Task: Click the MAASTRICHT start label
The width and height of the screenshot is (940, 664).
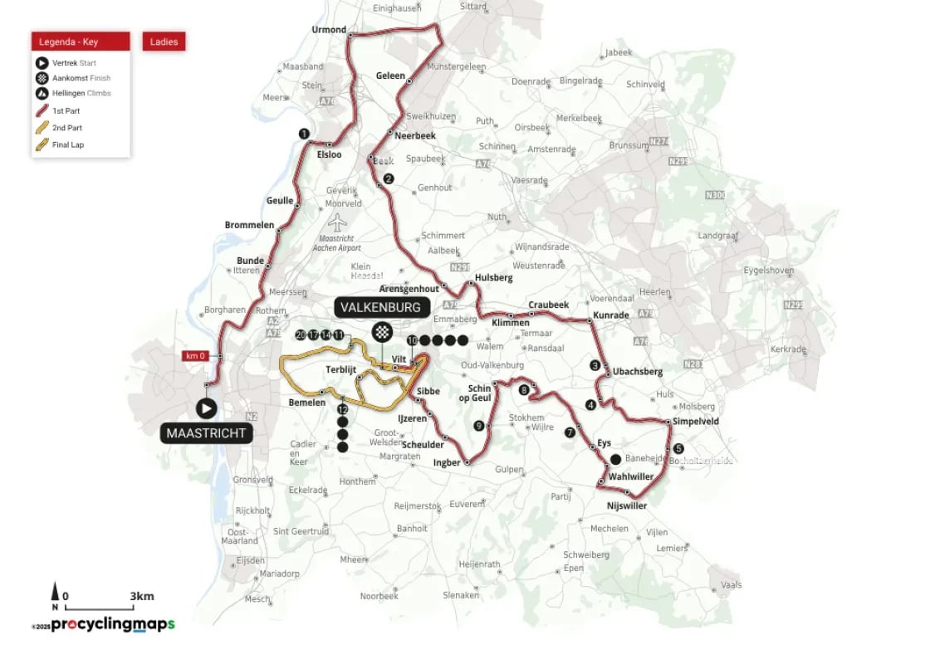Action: click(204, 433)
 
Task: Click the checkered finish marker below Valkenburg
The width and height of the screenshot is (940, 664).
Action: click(381, 333)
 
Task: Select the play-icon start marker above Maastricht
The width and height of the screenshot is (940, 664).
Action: click(205, 408)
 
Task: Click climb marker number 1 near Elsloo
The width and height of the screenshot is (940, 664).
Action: click(304, 134)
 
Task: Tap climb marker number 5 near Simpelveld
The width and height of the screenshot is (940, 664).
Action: click(678, 449)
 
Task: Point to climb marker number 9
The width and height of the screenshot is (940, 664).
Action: click(478, 426)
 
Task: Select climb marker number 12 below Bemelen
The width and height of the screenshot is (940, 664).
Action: click(342, 409)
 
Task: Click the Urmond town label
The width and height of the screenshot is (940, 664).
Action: click(328, 30)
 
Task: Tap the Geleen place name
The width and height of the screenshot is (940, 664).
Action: click(390, 76)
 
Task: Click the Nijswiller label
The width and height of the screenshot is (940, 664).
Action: click(626, 505)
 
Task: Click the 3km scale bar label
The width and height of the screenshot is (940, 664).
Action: click(141, 596)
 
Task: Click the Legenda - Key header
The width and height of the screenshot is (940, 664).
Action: click(81, 41)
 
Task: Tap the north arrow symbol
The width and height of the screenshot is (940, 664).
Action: click(56, 593)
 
